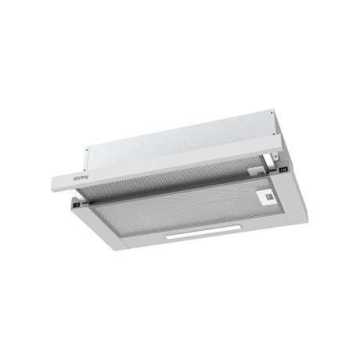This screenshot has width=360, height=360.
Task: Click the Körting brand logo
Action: pos(81,178)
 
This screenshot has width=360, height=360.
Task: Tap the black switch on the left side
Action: pos(77,205)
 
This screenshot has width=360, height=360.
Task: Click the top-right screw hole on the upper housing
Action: pos(272,113)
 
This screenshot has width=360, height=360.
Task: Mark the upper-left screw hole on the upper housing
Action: pos(86,149)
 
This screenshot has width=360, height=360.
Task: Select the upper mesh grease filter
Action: pos(170,178)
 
